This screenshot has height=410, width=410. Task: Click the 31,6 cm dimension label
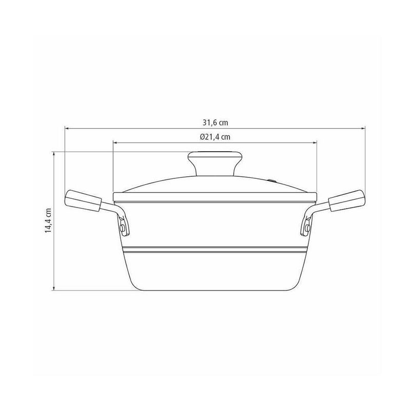click(x=215, y=122)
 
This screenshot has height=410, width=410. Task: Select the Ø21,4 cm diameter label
click(x=215, y=137)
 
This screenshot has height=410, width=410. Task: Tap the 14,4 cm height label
click(x=48, y=220)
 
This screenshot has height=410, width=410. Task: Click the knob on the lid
click(x=215, y=163)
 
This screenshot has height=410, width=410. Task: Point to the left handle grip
click(x=83, y=200)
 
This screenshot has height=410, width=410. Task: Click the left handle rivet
click(x=122, y=228)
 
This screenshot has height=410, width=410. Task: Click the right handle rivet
click(x=307, y=228)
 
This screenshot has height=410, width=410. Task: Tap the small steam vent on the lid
click(x=272, y=180)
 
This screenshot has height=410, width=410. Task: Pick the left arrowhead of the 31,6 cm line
click(x=67, y=129)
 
